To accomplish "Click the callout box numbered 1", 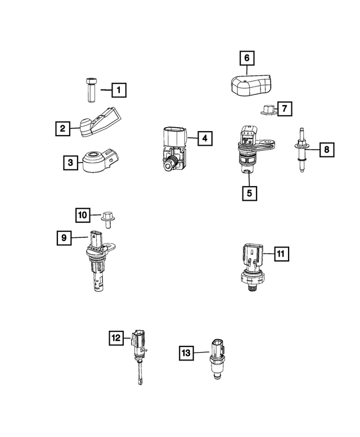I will tap(119, 89).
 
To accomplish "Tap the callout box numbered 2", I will tap(62, 129).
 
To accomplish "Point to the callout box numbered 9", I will tap(65, 238).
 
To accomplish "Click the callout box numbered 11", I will tap(281, 255).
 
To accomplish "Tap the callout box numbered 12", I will tap(116, 337).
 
